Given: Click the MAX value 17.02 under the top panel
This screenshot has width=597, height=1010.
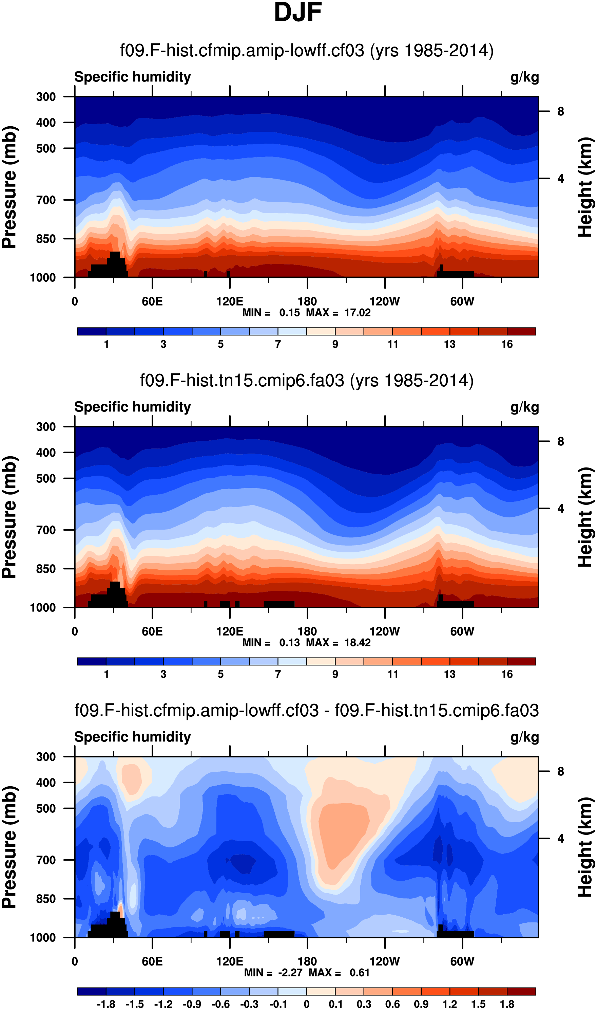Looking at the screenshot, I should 357,313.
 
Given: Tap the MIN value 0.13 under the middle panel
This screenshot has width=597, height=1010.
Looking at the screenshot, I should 289,642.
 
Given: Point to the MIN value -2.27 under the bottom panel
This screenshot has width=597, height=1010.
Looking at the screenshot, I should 290,973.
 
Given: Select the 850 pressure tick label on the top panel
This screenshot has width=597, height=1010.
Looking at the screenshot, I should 46,239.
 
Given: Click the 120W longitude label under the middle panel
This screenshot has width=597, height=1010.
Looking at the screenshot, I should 384,631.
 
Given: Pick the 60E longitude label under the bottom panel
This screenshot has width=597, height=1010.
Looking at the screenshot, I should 152,961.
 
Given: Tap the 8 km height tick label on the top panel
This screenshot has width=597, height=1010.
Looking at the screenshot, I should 560,111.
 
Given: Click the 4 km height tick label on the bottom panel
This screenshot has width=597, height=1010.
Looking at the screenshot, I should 560,839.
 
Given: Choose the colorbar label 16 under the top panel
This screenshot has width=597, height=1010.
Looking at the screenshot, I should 506,344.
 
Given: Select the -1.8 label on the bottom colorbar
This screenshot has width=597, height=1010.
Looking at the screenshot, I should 106,1004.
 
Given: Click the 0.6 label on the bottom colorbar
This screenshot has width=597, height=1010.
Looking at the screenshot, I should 392,1004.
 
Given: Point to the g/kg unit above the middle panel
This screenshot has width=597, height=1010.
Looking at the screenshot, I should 524,407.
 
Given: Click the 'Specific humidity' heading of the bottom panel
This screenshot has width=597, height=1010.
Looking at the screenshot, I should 132,737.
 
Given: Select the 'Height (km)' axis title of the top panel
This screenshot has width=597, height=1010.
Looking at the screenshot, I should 585,187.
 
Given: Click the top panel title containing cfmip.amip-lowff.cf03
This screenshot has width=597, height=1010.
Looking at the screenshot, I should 307,51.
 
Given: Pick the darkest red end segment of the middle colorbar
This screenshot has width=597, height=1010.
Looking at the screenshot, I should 521,661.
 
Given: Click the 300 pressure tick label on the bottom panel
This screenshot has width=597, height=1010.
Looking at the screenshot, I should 46,757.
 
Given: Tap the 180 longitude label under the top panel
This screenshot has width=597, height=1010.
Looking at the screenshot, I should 307,301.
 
